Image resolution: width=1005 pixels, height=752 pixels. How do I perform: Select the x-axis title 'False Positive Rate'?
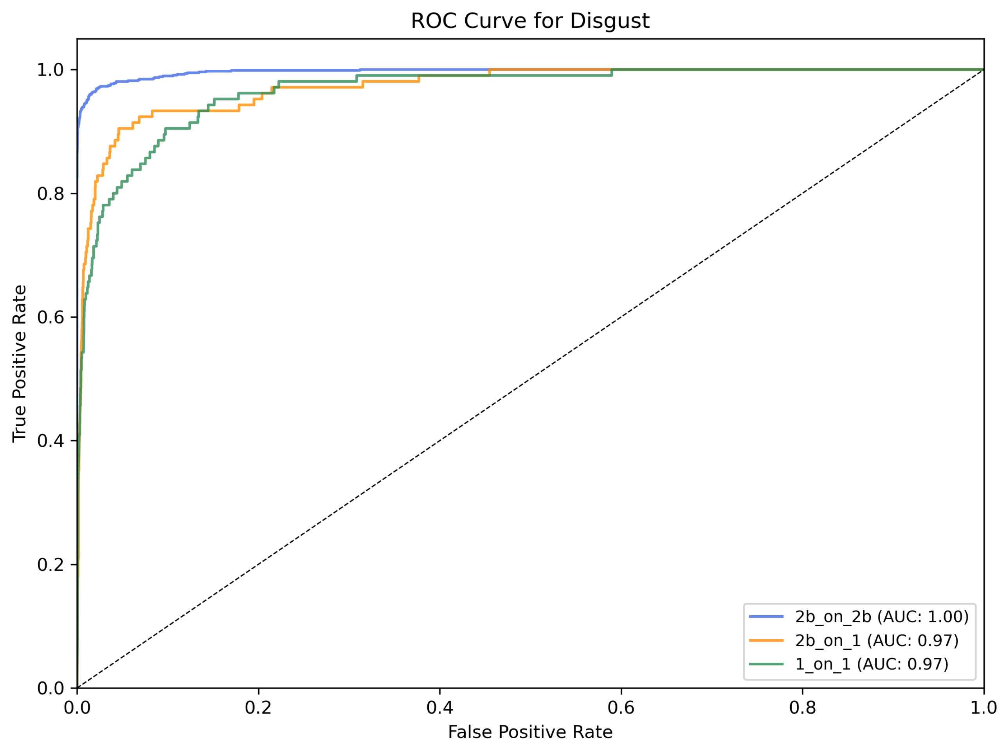click(530, 732)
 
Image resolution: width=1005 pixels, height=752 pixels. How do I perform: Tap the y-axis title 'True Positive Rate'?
click(20, 364)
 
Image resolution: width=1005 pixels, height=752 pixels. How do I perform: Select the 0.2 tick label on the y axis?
click(50, 565)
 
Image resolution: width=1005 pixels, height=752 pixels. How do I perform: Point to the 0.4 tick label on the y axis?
click(50, 441)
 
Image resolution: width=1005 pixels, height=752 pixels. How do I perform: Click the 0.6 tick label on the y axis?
click(50, 317)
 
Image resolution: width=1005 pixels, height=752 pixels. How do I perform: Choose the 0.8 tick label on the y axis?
click(50, 194)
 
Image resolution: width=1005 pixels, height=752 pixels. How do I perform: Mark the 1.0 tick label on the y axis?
click(50, 70)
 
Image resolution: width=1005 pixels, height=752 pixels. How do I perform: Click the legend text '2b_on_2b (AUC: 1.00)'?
click(882, 617)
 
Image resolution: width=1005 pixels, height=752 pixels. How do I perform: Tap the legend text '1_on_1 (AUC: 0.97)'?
click(872, 664)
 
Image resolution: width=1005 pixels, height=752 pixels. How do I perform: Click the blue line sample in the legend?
click(767, 616)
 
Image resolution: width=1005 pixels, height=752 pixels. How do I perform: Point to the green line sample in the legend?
click(767, 664)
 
